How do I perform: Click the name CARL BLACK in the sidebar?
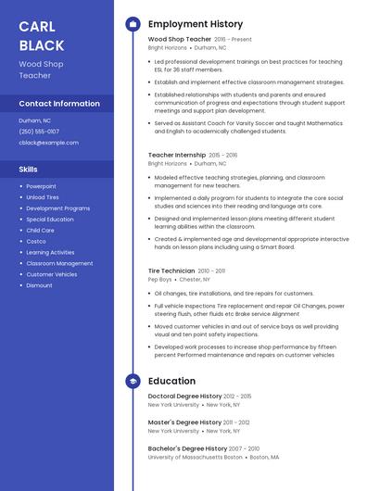point(42,35)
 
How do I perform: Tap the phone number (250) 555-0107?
point(39,132)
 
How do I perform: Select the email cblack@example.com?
point(48,143)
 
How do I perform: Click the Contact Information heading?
point(59,104)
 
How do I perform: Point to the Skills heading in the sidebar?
point(29,170)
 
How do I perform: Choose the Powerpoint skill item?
point(41,186)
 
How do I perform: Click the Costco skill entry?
point(36,241)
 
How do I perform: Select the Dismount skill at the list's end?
point(39,285)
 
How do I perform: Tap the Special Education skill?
point(50,220)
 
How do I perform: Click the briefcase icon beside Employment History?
point(133,24)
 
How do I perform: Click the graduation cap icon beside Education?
point(133,381)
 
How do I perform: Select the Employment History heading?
point(196,24)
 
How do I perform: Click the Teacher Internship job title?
point(177,155)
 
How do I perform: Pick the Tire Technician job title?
point(171,271)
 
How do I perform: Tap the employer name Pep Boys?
point(160,279)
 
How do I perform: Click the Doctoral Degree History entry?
point(185,397)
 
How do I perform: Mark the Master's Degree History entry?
point(184,422)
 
